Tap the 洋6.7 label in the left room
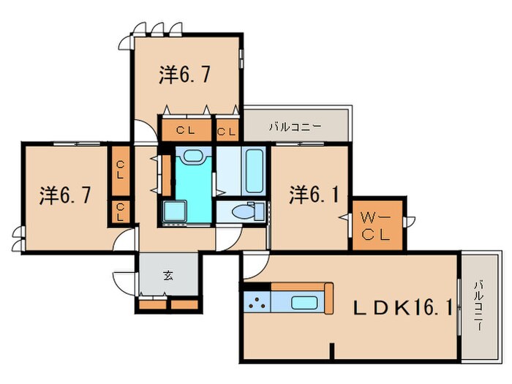point(65,195)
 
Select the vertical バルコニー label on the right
point(478,304)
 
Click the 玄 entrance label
point(167,276)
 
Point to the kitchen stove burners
point(257,302)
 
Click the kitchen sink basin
point(306,302)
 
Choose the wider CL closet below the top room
point(185,132)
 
